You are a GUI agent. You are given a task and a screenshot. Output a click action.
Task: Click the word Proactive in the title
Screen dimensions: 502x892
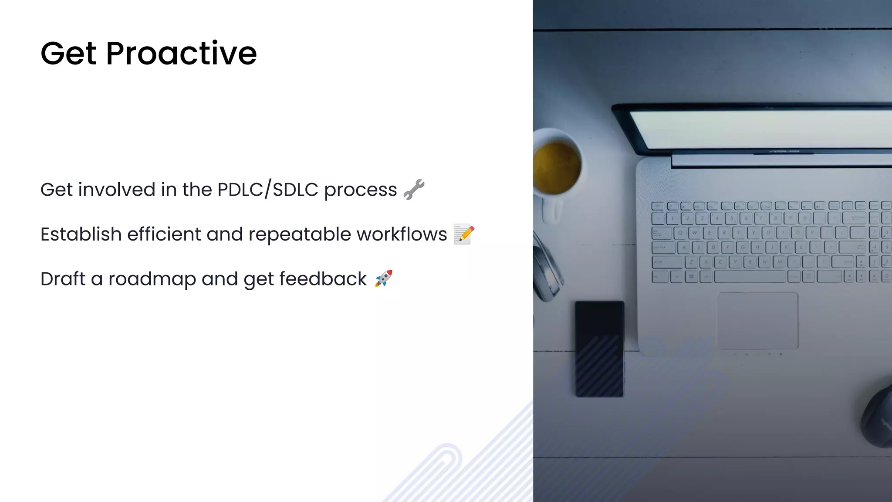click(181, 54)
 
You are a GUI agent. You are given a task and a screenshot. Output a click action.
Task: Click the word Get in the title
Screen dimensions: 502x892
click(68, 54)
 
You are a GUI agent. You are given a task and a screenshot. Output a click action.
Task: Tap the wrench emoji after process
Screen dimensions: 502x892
click(414, 190)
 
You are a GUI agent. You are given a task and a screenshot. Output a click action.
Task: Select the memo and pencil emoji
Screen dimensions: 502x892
click(464, 234)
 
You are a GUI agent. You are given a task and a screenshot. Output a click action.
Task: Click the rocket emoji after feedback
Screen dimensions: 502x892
click(383, 278)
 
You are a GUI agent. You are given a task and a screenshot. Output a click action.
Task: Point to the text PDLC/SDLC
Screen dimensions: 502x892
click(268, 190)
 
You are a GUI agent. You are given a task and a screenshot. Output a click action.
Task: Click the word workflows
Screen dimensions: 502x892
click(402, 234)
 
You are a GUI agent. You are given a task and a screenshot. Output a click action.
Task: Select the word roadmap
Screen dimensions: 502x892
click(152, 279)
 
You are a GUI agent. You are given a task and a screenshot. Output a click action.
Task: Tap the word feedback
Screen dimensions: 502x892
click(323, 279)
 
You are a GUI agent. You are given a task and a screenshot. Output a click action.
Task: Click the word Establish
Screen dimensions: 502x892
click(81, 234)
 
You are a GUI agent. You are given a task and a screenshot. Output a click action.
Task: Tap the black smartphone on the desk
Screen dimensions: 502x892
click(599, 349)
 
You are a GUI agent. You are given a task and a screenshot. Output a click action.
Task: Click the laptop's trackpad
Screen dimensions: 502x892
click(757, 320)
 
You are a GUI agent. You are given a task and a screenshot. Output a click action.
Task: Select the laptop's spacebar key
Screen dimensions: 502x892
click(750, 277)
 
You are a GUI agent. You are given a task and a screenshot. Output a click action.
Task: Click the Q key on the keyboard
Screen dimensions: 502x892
click(680, 233)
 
